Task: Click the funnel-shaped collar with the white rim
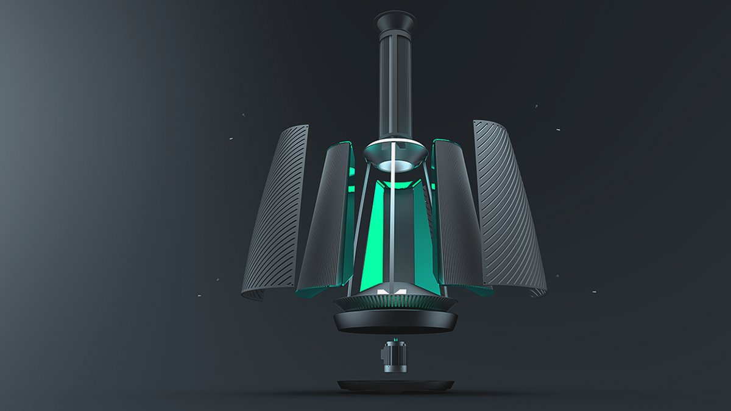point(395,152)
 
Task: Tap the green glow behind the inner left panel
point(351,183)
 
